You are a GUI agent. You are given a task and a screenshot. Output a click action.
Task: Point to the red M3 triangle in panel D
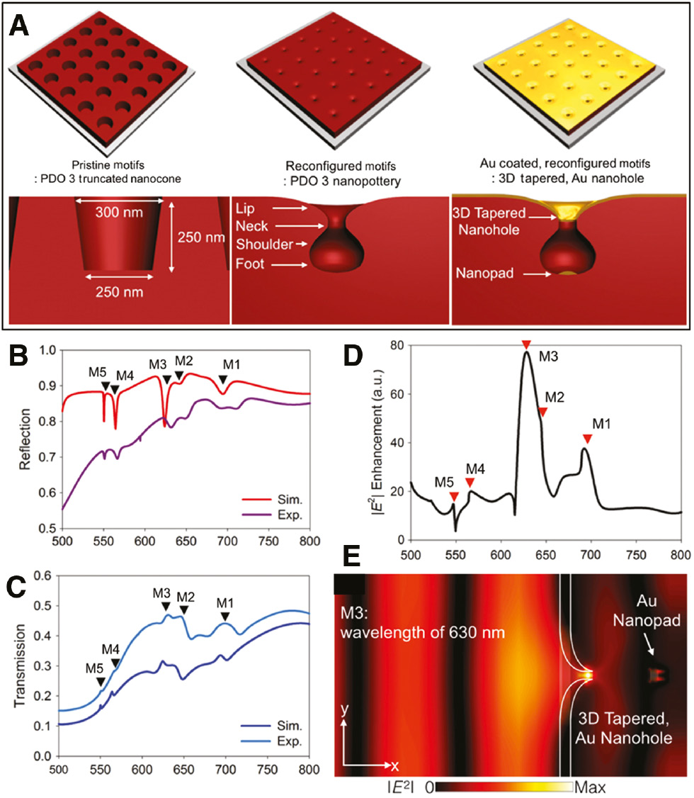pos(525,345)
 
